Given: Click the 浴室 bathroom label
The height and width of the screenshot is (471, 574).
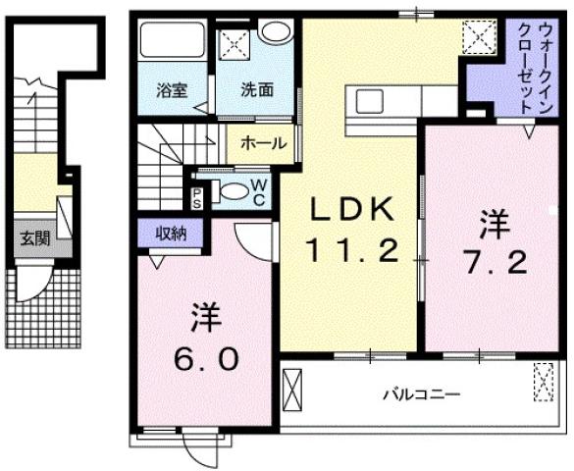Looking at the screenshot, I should [172, 89].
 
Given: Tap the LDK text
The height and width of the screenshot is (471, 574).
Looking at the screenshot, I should [353, 209].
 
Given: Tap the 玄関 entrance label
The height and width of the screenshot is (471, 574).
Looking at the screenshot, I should [36, 238].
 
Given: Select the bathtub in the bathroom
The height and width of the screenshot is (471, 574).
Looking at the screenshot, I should [171, 42].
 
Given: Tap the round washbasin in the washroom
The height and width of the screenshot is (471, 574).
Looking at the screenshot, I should [276, 31].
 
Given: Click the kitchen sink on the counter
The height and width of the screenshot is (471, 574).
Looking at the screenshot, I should [371, 100].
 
